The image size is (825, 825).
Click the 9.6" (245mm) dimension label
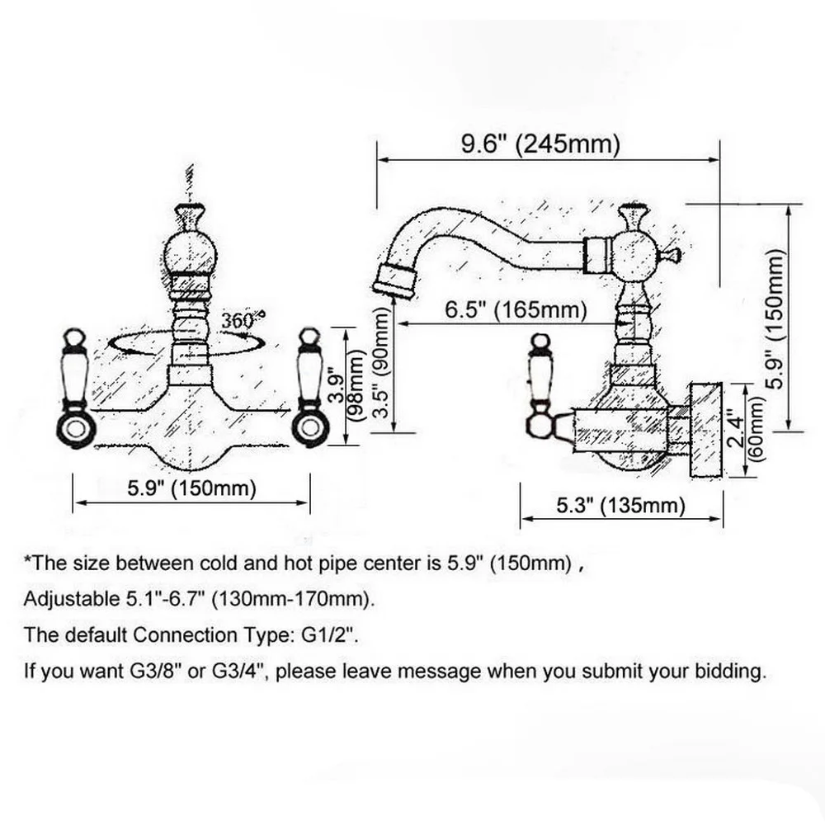[x=540, y=144]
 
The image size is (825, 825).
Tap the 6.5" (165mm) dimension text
[x=516, y=311]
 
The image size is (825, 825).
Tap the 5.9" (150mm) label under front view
[x=191, y=488]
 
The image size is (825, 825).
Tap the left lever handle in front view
[x=75, y=388]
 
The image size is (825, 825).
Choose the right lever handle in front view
[x=310, y=388]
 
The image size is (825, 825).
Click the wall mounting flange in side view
[x=706, y=429]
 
